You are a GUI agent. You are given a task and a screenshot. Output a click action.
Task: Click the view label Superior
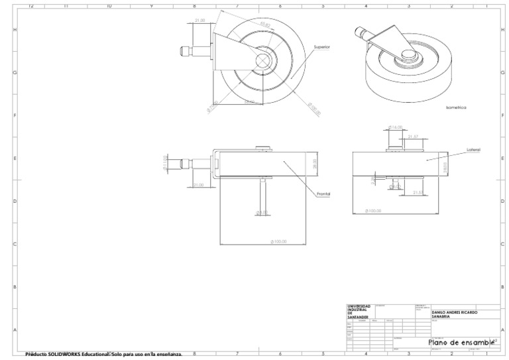pyautogui.click(x=321, y=47)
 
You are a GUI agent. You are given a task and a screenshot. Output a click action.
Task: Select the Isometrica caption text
pyautogui.click(x=457, y=106)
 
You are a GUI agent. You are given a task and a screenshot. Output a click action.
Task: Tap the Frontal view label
pyautogui.click(x=323, y=193)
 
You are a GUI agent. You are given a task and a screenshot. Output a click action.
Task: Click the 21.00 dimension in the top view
pyautogui.click(x=199, y=21)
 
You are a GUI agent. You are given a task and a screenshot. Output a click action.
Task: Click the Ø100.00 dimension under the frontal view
pyautogui.click(x=278, y=241)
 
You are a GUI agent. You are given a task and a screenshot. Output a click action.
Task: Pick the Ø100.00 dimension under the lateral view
pyautogui.click(x=374, y=211)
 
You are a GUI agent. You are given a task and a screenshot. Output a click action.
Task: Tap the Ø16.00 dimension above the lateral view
pyautogui.click(x=396, y=127)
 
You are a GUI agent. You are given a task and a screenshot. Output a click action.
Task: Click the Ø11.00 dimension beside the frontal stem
pyautogui.click(x=166, y=162)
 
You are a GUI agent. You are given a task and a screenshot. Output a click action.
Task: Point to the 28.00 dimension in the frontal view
pyautogui.click(x=315, y=162)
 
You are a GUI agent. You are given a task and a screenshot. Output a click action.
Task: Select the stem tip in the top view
pyautogui.click(x=182, y=50)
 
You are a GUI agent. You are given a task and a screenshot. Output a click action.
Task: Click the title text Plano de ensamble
pyautogui.click(x=461, y=341)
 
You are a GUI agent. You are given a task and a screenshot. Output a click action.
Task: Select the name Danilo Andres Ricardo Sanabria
pyautogui.click(x=454, y=314)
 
